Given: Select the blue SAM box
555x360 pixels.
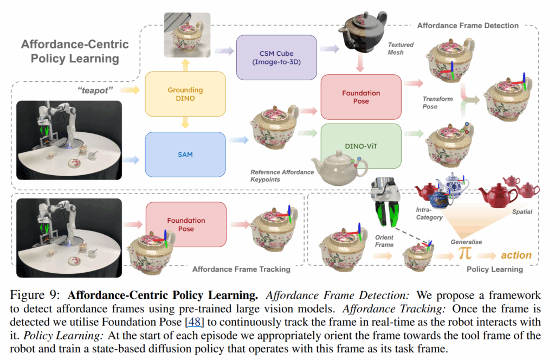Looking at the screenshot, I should (185, 155).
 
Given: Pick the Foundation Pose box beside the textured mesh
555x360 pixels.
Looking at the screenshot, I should (360, 97).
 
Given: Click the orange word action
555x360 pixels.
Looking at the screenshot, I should (515, 255).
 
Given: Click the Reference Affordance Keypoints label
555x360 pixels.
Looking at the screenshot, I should (282, 176).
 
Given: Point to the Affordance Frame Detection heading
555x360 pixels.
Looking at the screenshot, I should (468, 25).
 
